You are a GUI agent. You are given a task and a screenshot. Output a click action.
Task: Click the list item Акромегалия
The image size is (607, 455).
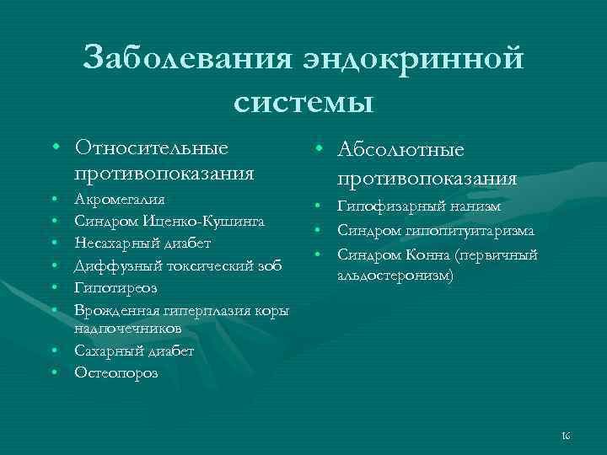click(x=120, y=201)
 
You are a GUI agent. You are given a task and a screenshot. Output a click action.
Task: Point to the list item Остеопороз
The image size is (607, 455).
click(x=115, y=372)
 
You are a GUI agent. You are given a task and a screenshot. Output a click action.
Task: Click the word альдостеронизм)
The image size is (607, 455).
click(x=395, y=275)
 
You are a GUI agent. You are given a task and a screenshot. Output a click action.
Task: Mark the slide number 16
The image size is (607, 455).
click(x=566, y=435)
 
